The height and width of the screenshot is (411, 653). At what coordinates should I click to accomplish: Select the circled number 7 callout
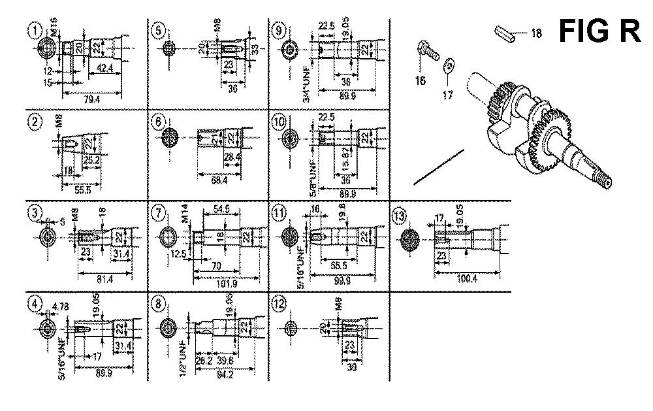coord(157,213)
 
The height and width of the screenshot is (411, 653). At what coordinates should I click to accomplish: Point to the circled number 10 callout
coord(279,122)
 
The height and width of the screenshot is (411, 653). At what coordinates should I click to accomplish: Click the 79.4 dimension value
coord(93,99)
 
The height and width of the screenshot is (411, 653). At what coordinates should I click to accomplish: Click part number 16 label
coord(419,80)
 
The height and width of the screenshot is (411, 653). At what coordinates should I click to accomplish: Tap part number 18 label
coord(536,34)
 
